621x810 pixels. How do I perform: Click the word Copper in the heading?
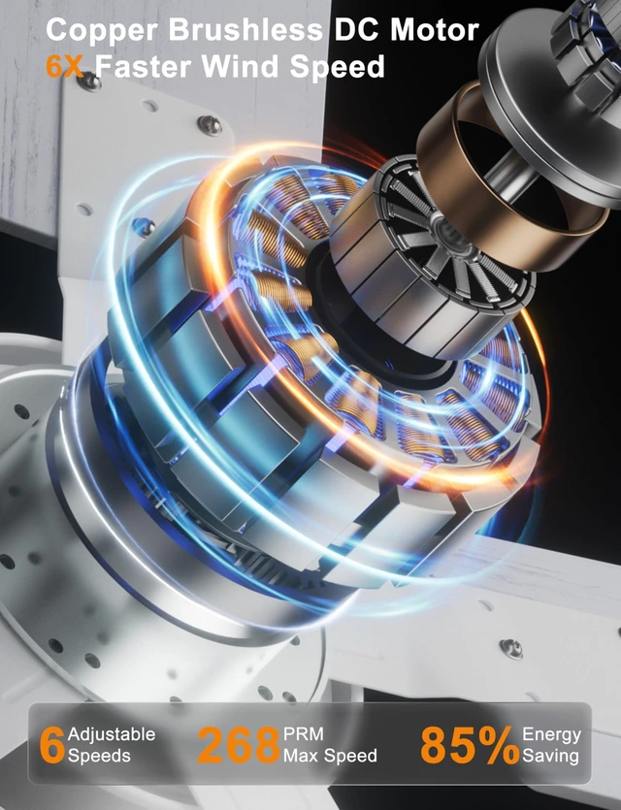pos(102,31)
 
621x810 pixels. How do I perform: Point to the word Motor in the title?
pos(435,30)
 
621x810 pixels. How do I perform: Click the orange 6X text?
pos(65,67)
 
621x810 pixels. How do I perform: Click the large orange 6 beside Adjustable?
pos(52,744)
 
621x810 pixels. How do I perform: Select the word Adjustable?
pos(112,734)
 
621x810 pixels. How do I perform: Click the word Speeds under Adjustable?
pos(99,756)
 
